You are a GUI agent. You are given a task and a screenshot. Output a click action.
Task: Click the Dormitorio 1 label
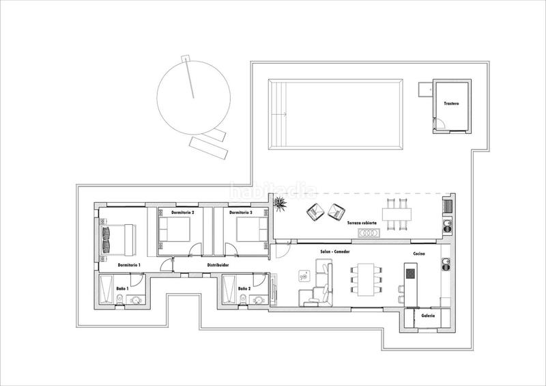click(x=129, y=264)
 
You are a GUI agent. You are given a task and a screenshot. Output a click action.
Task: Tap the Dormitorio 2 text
click(x=183, y=212)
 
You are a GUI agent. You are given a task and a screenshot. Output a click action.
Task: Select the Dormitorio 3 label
click(x=240, y=212)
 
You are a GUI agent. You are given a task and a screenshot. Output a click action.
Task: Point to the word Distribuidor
click(x=218, y=264)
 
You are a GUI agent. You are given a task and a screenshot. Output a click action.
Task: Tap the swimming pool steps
click(x=278, y=114)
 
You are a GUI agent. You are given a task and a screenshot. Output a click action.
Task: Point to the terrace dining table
click(x=393, y=215)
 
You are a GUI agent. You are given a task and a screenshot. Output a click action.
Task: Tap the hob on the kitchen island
click(x=409, y=273)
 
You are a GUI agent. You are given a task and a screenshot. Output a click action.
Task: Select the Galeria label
click(x=428, y=316)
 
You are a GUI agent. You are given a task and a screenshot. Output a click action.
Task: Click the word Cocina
click(x=420, y=254)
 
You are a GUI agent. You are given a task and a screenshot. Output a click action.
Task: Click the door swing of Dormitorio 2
click(x=195, y=250)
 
